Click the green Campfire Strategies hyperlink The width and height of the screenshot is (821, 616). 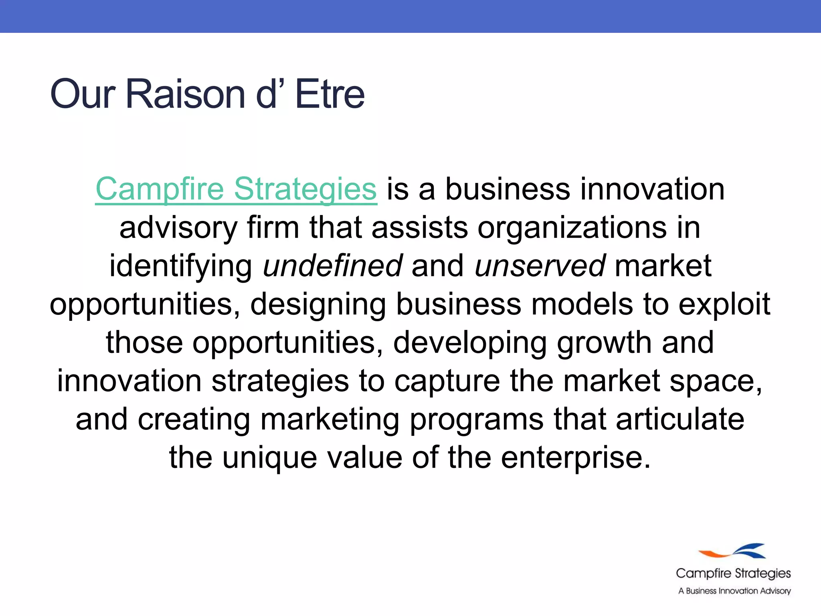click(x=236, y=189)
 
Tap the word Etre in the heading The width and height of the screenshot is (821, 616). click(x=330, y=94)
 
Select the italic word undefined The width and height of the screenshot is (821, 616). click(x=332, y=266)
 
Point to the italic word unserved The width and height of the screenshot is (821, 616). click(x=540, y=266)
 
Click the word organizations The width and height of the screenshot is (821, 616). click(x=572, y=227)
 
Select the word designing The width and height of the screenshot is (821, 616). click(x=318, y=304)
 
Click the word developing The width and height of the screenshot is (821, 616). click(x=470, y=343)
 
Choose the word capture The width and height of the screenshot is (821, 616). click(x=447, y=381)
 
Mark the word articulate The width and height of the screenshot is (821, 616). click(x=680, y=419)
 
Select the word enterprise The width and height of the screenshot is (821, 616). click(x=570, y=458)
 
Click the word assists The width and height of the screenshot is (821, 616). click(x=420, y=227)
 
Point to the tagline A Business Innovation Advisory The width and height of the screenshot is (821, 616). click(x=734, y=591)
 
